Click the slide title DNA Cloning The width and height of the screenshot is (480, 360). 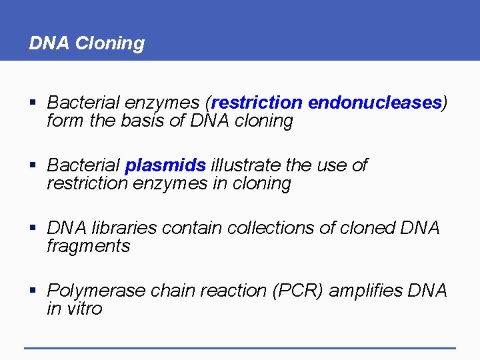(87, 43)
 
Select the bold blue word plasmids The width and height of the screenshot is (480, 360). (166, 165)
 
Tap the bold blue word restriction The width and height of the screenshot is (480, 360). (257, 103)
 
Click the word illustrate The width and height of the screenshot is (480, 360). (246, 165)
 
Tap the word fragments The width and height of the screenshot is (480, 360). (88, 246)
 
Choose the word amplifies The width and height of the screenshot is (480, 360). (365, 291)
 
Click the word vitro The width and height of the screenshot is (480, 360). (85, 309)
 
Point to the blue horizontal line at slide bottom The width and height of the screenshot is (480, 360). (239, 347)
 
